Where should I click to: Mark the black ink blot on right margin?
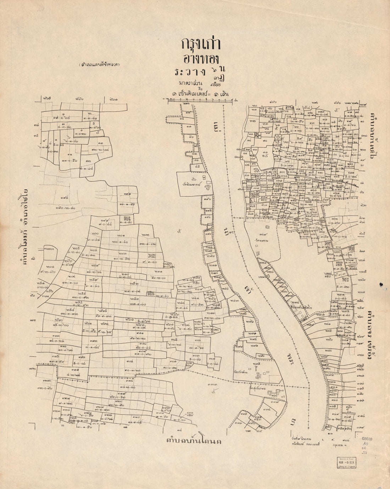[381, 284]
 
